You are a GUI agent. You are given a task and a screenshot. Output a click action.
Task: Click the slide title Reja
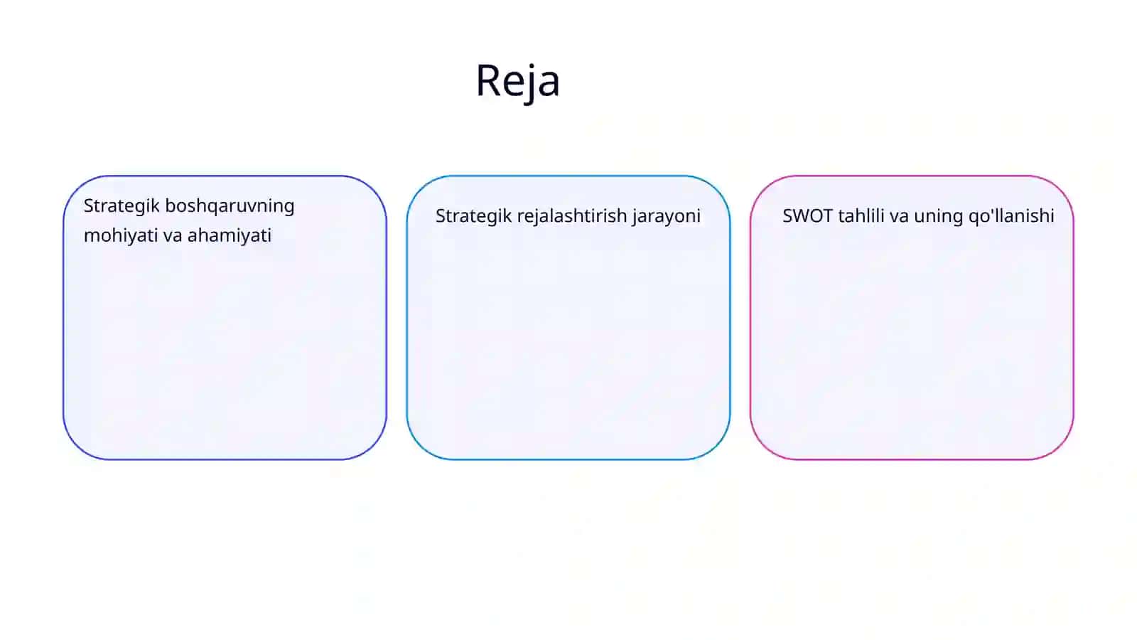(x=518, y=81)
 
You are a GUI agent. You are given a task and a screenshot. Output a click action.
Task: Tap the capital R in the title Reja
(x=488, y=80)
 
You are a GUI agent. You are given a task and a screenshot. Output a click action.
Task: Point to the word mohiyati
(x=121, y=236)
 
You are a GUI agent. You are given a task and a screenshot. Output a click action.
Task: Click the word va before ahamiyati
(x=173, y=236)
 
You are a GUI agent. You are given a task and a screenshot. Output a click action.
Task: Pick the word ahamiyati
(x=229, y=236)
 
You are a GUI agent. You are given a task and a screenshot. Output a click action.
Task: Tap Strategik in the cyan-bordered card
(x=473, y=216)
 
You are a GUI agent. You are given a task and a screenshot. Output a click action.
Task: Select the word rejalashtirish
(x=572, y=216)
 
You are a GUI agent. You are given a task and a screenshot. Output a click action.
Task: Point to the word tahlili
(x=861, y=215)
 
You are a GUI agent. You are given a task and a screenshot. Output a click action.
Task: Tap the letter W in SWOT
(x=803, y=216)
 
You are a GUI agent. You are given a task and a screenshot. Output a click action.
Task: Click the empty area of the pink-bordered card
(x=912, y=346)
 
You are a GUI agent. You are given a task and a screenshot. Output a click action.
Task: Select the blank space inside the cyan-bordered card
(x=568, y=346)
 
